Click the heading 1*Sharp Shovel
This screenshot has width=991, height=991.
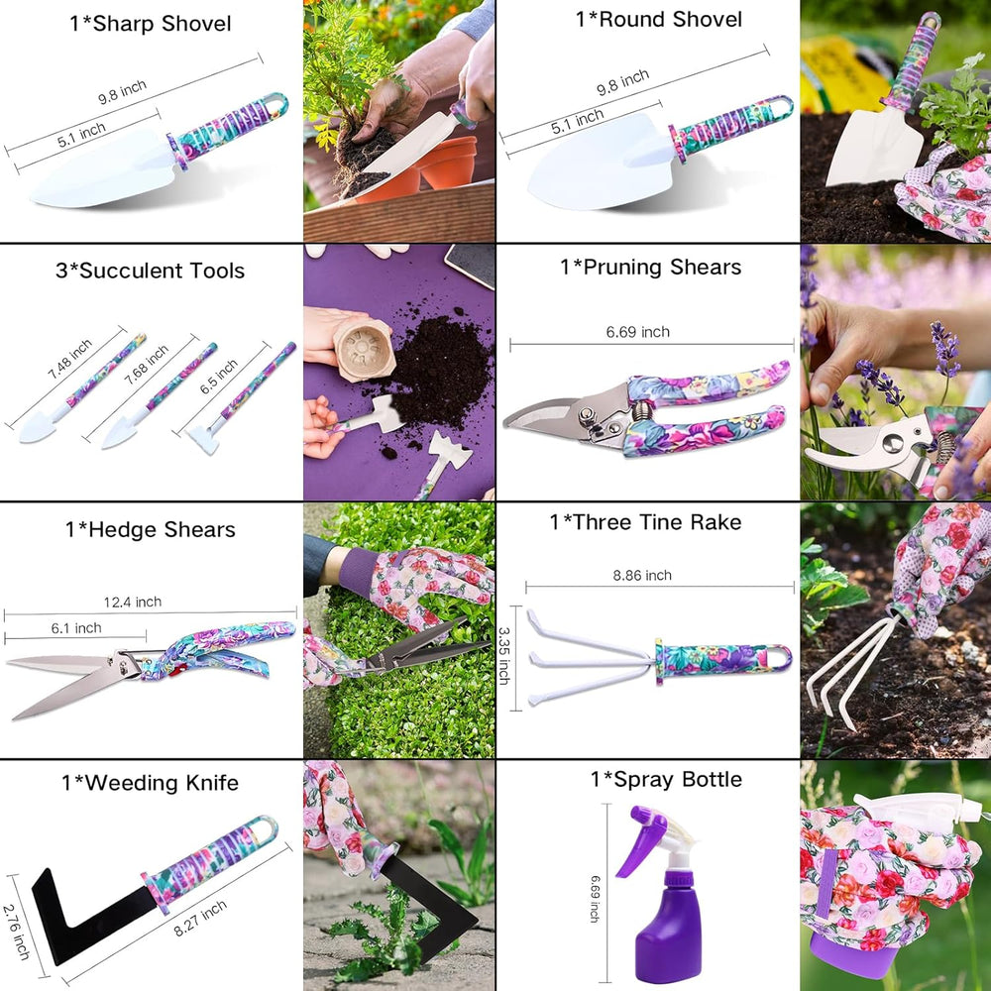tap(151, 24)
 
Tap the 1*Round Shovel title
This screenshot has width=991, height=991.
tap(658, 19)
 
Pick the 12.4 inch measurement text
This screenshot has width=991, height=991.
tap(132, 602)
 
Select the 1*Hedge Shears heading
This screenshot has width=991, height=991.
tap(151, 529)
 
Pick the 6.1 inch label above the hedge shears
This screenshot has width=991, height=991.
tap(75, 627)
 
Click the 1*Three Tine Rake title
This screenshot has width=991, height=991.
tap(646, 522)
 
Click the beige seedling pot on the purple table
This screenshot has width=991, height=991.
tap(364, 346)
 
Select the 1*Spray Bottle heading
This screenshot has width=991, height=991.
tap(666, 779)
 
